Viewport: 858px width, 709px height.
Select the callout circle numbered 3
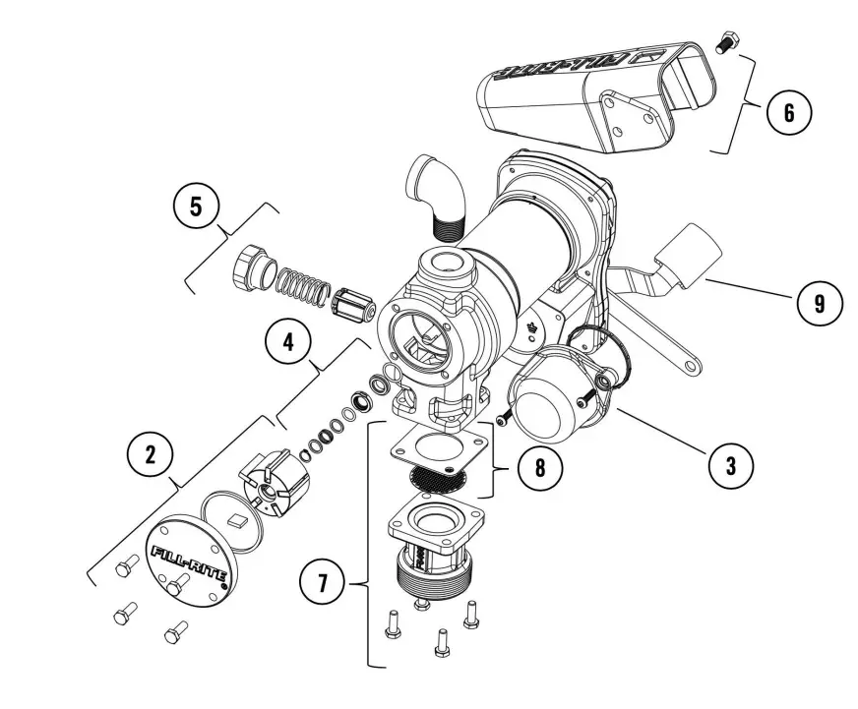click(x=730, y=463)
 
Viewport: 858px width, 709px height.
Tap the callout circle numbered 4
click(x=287, y=343)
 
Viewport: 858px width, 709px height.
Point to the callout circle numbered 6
click(x=788, y=112)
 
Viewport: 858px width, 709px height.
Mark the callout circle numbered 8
click(x=539, y=466)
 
